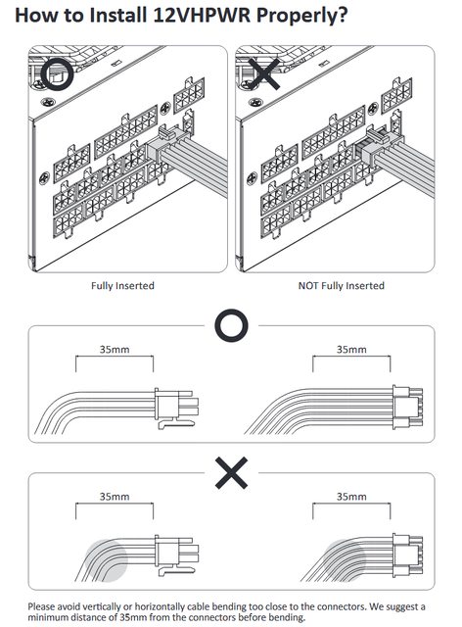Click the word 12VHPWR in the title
(203, 16)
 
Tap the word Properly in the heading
(298, 17)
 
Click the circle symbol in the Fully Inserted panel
(57, 74)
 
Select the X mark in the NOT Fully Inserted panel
(262, 74)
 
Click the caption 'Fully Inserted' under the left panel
(122, 286)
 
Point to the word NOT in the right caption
(308, 286)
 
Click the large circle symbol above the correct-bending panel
(231, 325)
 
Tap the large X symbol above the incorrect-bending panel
(231, 472)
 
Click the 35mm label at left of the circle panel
(115, 350)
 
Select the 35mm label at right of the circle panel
(351, 350)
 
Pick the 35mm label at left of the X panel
(115, 497)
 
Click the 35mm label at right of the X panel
(351, 497)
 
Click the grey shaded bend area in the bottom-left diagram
(107, 560)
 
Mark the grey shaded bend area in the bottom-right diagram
(345, 560)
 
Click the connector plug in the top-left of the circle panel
(176, 409)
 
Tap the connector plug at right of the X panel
(407, 555)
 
